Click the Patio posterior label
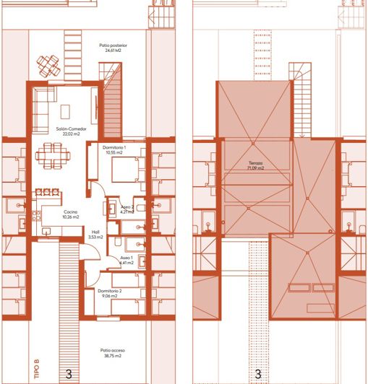pos(113,48)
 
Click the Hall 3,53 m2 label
pos(95,235)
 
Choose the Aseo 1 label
pos(127,259)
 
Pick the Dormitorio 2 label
pos(111,292)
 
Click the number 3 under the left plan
pos(69,374)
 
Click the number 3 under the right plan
pos(258,374)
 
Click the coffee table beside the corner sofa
pos(66,110)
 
